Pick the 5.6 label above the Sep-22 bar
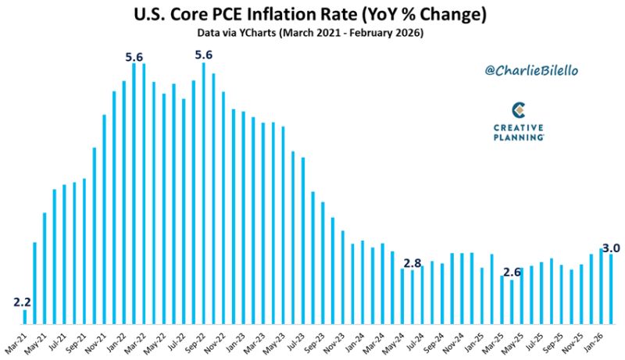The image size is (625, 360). coord(204,55)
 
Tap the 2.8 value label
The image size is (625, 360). coord(412,262)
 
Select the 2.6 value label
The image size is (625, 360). coord(512,273)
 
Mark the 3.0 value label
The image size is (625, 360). coord(611,248)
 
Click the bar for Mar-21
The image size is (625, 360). coord(25,316)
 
